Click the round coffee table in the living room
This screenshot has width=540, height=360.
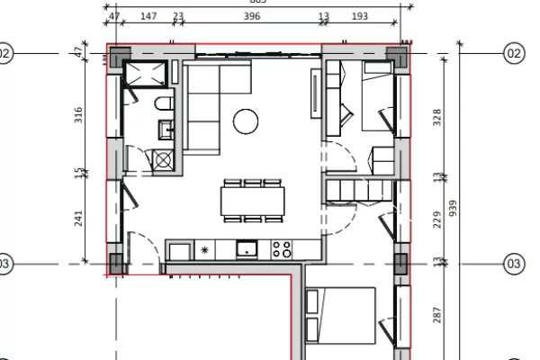[x=246, y=119]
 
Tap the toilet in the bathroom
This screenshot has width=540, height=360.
[x=163, y=107]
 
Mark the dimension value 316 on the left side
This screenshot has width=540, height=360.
[x=77, y=114]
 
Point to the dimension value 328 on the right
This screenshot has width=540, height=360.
[x=438, y=119]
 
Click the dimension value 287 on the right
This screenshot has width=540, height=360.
[x=438, y=315]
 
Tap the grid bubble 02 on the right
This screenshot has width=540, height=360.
[x=514, y=54]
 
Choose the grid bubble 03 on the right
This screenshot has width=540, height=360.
[x=514, y=264]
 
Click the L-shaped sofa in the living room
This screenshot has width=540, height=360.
[x=211, y=99]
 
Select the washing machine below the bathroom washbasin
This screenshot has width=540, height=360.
[x=164, y=160]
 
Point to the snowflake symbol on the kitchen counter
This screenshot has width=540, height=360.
[x=204, y=249]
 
